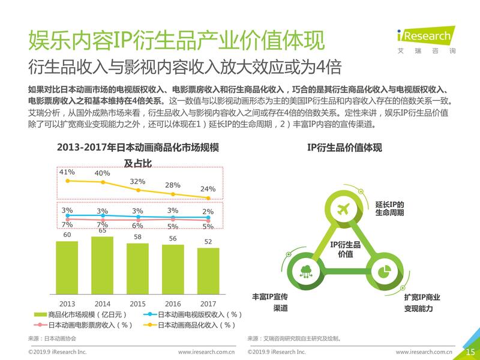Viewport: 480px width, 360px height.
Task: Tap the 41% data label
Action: (x=67, y=173)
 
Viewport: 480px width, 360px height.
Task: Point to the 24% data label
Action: (x=208, y=189)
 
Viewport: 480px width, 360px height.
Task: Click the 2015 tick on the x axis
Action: (x=137, y=304)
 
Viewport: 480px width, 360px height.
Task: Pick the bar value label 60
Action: (x=67, y=235)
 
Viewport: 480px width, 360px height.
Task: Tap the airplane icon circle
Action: (x=344, y=209)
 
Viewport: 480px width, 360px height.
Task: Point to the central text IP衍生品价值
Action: (x=345, y=249)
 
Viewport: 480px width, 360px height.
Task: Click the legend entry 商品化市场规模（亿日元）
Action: (x=78, y=314)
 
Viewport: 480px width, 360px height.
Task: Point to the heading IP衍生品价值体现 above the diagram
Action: (x=344, y=148)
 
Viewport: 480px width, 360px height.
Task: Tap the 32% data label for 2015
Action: (x=137, y=182)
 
